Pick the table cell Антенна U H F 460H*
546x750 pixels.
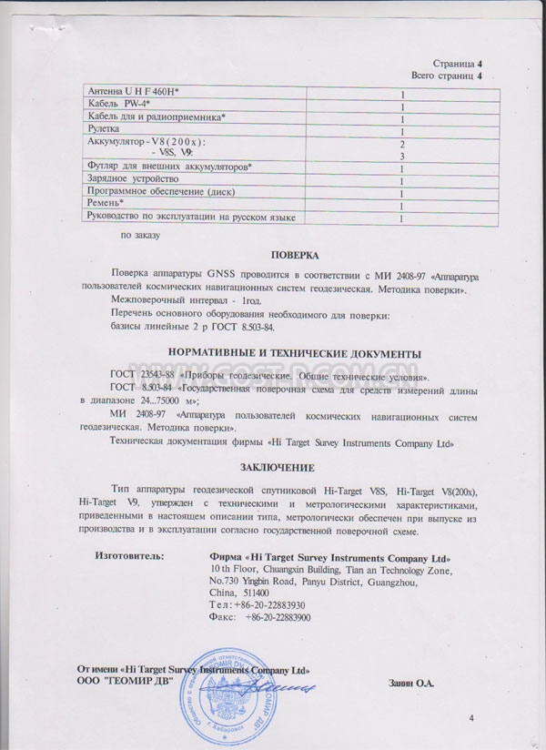133,93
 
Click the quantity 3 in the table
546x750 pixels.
401,157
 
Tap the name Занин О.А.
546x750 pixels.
411,681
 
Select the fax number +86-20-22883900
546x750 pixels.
278,617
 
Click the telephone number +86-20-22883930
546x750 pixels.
277,604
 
